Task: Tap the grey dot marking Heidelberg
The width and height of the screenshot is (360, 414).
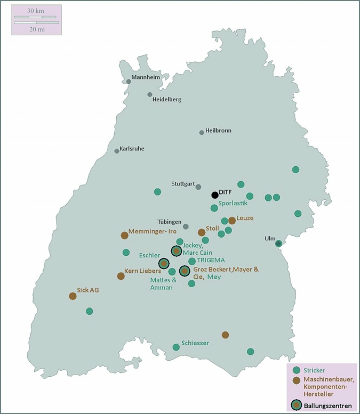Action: (150, 94)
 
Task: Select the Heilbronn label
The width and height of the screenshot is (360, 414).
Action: (218, 131)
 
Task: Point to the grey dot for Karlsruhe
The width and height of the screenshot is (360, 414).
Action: (117, 151)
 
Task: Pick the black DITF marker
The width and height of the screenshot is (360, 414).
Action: (215, 195)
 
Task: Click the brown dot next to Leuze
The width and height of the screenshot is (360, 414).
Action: (232, 221)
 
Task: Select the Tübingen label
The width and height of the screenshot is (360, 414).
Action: (170, 222)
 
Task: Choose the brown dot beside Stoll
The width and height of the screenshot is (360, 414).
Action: (202, 232)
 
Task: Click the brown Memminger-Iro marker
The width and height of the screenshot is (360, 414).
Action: (124, 235)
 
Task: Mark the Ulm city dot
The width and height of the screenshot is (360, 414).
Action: (278, 243)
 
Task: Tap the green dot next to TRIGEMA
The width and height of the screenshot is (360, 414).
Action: (192, 261)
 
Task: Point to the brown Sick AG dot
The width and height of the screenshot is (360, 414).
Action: (73, 296)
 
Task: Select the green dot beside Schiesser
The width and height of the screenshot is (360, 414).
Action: (176, 347)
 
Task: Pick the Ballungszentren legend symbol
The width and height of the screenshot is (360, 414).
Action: (297, 405)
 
